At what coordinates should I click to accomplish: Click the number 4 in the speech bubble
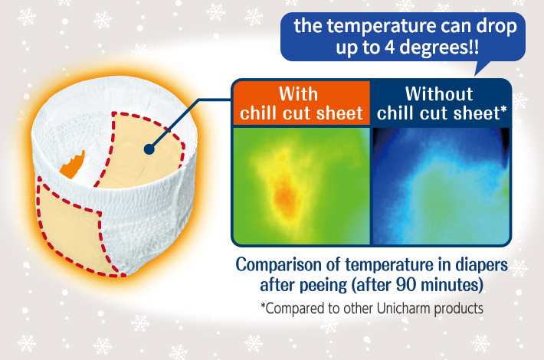click(390, 47)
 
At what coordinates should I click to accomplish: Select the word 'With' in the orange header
click(298, 94)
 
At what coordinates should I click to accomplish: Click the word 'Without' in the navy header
click(439, 93)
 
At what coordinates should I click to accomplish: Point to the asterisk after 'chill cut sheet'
click(503, 110)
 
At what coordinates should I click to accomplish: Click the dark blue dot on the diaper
click(149, 149)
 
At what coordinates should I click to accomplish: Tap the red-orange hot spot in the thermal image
click(285, 197)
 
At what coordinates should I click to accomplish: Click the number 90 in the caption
click(405, 285)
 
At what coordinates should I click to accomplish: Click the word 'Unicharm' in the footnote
click(404, 308)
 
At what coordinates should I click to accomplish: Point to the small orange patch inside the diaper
click(73, 165)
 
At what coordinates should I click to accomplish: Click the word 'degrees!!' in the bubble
click(439, 47)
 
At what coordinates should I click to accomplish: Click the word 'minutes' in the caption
click(449, 285)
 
